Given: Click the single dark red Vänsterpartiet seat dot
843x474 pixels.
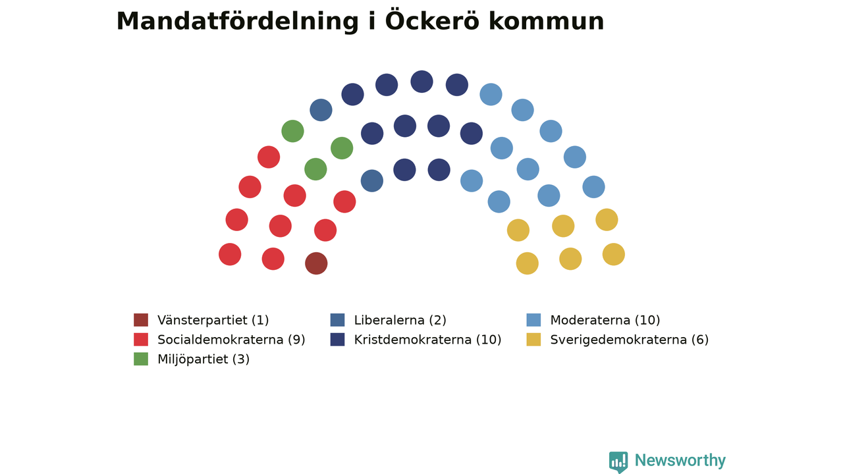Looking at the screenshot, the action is point(316,263).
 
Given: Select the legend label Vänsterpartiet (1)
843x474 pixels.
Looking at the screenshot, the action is point(213,320).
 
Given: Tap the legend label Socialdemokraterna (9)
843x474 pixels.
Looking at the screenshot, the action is point(231,340).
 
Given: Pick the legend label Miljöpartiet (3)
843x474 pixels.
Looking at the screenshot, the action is point(204,359).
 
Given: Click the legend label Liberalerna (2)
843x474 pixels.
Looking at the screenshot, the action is point(400,320).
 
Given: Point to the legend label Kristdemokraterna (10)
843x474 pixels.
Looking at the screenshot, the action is point(427,340).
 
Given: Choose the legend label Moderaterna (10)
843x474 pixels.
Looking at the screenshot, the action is point(605,320).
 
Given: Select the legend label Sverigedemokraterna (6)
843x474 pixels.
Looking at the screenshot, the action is point(629,340).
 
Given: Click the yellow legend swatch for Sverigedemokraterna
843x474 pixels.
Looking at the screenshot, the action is point(533,339).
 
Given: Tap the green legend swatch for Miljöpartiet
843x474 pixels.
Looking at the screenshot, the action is point(141,359).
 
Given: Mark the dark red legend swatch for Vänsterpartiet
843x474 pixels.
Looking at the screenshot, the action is point(141,320).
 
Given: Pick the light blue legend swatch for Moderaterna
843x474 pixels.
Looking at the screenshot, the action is point(533,320).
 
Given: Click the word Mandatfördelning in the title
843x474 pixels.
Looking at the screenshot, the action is point(238,22).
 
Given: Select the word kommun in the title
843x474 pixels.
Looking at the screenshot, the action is point(547,22).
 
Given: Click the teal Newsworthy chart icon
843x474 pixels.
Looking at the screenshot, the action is point(618,461).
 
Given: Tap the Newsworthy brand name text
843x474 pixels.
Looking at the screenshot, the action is point(680,460).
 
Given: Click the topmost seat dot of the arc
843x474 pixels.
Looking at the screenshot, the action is point(421,82).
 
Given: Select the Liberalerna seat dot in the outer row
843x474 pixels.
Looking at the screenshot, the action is point(321,110).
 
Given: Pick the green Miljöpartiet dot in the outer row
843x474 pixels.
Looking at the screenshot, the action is point(292,131).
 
